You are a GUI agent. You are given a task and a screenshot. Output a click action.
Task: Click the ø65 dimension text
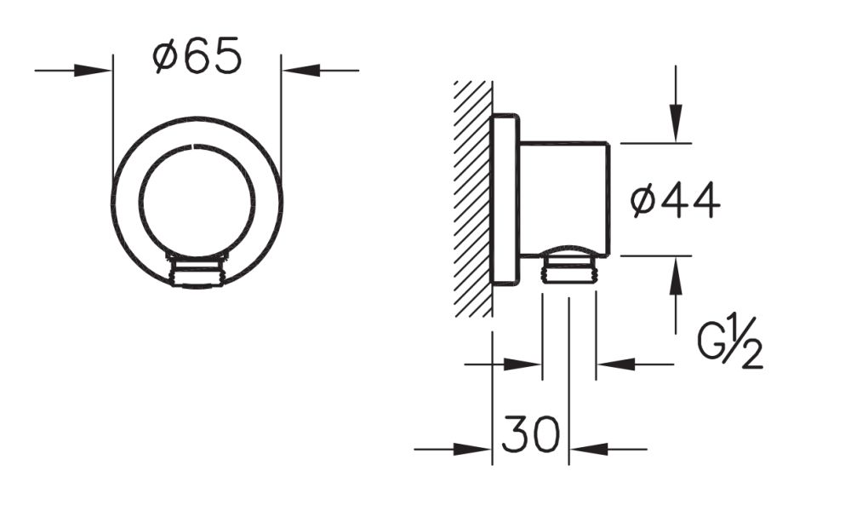point(197,58)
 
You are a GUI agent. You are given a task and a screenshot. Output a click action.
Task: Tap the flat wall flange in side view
point(505,199)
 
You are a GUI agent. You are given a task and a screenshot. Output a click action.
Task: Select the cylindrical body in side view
point(564,198)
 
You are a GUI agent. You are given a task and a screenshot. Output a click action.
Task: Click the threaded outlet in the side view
point(568,268)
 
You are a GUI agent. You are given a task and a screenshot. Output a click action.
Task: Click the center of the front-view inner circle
point(197,202)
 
